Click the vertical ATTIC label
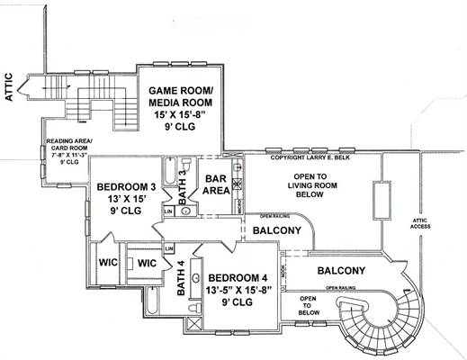[12, 89]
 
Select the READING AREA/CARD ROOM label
[64, 150]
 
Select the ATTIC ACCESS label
[422, 223]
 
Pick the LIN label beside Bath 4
[168, 248]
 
